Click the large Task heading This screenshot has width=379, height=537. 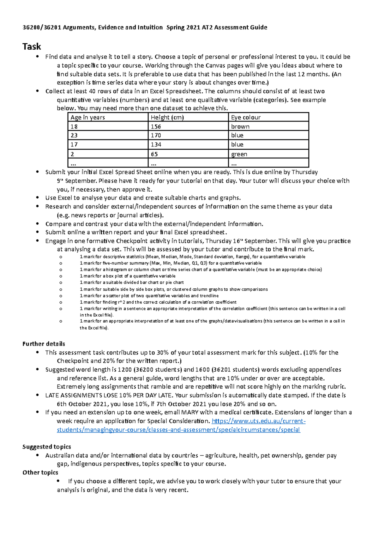(x=32, y=46)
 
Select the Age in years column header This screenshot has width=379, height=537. (x=87, y=117)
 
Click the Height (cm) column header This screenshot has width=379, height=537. (x=167, y=117)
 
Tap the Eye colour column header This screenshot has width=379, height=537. (x=246, y=117)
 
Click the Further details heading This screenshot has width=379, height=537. (x=44, y=344)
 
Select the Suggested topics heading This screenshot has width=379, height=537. (x=46, y=447)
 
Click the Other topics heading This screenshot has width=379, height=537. (x=40, y=472)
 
